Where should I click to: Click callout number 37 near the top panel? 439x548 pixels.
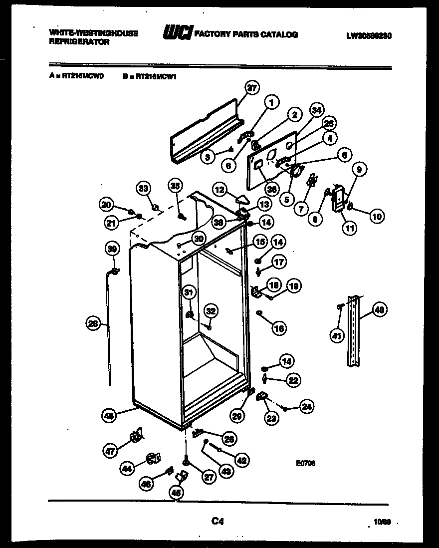coord(252,89)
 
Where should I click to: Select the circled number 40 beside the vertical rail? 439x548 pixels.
coord(379,310)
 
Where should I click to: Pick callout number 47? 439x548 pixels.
coord(111,451)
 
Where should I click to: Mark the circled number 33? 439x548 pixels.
coord(143,188)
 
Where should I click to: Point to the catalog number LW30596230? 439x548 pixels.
coord(368,35)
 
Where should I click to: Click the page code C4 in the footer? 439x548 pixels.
coord(217,522)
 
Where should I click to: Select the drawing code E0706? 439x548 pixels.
coord(305,463)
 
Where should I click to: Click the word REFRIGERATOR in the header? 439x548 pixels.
coord(79,42)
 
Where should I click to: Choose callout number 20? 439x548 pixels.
coord(106,204)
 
